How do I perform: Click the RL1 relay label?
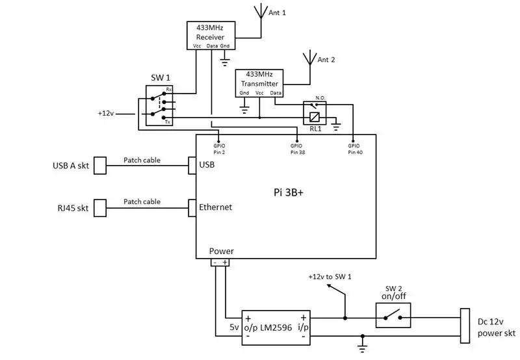(x=315, y=129)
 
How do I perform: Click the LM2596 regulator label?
(x=276, y=328)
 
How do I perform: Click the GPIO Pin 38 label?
(x=298, y=149)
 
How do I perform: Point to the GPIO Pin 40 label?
(x=355, y=149)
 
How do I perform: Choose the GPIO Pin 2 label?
(x=219, y=149)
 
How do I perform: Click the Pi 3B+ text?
(x=289, y=192)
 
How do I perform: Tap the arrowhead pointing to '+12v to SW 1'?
(x=330, y=286)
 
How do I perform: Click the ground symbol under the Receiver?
(x=225, y=61)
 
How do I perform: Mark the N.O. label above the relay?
(x=320, y=97)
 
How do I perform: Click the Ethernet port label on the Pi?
(x=215, y=207)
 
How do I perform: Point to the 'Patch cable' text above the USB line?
(x=142, y=160)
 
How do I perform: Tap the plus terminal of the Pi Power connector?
(x=225, y=263)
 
